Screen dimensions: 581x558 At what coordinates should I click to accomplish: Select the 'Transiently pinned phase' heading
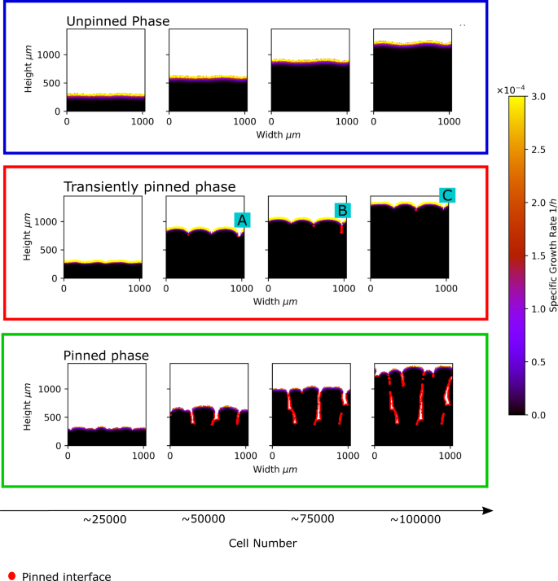pyautogui.click(x=150, y=186)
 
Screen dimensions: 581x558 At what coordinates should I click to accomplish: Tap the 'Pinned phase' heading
pyautogui.click(x=106, y=356)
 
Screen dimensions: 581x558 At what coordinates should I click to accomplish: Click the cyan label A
pyautogui.click(x=242, y=220)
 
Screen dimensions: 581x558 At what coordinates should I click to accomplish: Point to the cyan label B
pyautogui.click(x=343, y=210)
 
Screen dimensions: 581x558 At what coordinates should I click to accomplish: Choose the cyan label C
pyautogui.click(x=446, y=195)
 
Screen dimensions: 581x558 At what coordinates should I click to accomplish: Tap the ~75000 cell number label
pyautogui.click(x=312, y=518)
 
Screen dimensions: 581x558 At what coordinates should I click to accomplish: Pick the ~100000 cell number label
pyautogui.click(x=417, y=518)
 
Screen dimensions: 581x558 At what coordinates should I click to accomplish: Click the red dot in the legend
pyautogui.click(x=11, y=576)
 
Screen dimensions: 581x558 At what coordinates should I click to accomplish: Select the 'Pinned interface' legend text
pyautogui.click(x=66, y=576)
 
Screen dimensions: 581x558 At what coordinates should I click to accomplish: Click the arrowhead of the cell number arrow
pyautogui.click(x=488, y=510)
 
